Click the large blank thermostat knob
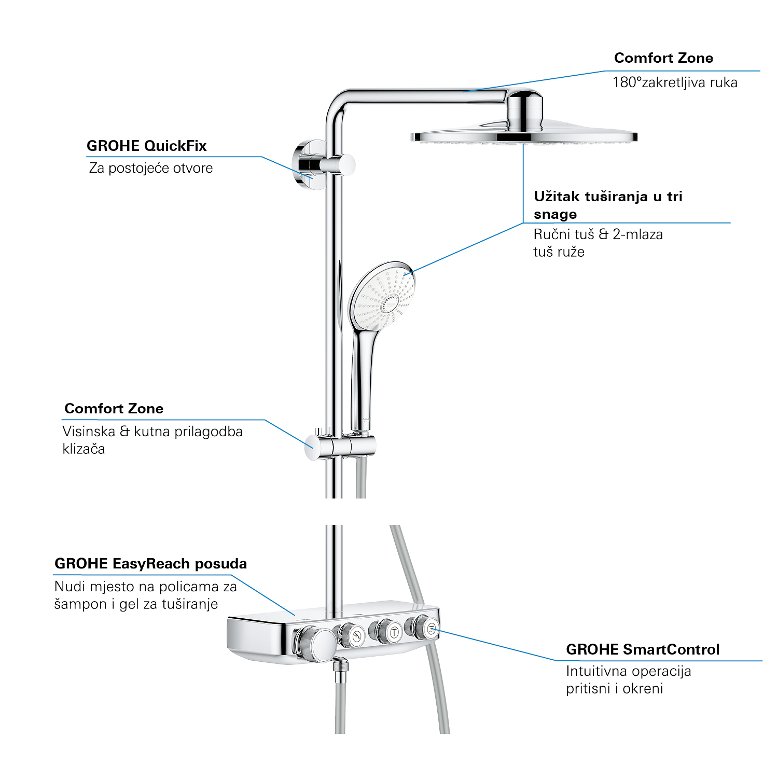tap(315, 644)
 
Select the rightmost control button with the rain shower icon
tap(430, 629)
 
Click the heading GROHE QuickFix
tap(147, 146)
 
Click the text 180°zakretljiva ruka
tap(675, 82)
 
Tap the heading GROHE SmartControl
tap(643, 649)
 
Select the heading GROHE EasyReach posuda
tap(150, 564)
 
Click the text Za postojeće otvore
tap(151, 168)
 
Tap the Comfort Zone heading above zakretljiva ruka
tap(663, 58)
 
